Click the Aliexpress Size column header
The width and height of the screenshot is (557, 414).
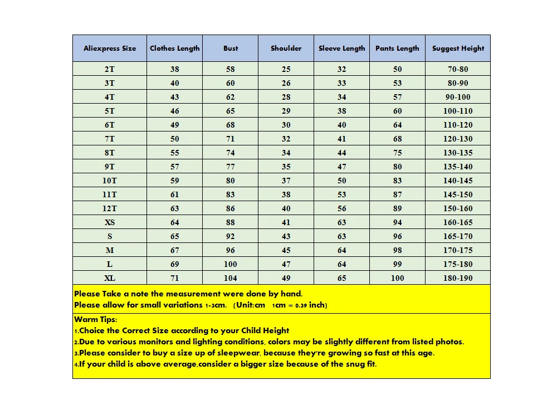[110, 48]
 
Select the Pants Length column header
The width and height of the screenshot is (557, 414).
[397, 48]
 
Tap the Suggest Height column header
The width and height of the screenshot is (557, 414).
[458, 48]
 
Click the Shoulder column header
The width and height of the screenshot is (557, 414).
[286, 48]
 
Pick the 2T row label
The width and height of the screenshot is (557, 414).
[110, 69]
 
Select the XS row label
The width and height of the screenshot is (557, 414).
[110, 222]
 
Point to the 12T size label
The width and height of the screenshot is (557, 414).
[110, 208]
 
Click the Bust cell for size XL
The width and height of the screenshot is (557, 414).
[230, 278]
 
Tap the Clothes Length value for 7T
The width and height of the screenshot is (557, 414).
[175, 139]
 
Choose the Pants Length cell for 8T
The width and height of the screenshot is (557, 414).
[397, 153]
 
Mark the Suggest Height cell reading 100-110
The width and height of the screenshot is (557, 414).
[458, 111]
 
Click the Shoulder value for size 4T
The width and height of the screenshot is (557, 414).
[286, 97]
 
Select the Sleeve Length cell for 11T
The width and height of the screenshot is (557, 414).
[341, 194]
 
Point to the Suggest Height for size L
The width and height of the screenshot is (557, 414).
[458, 264]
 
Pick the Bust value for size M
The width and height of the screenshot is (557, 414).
[230, 250]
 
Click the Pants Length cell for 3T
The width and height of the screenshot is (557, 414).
[397, 83]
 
